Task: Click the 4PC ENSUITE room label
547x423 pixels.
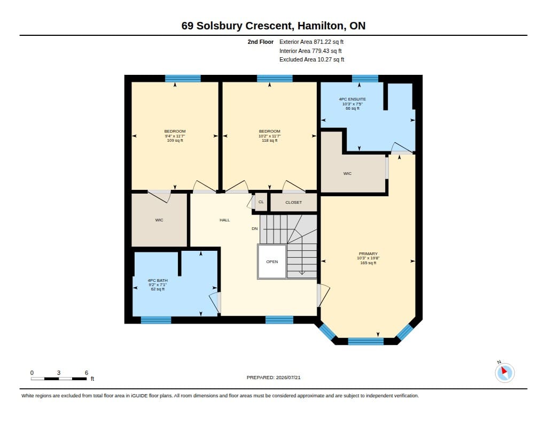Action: click(353, 99)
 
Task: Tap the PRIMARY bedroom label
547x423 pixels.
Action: click(368, 253)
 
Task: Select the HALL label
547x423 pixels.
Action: click(225, 220)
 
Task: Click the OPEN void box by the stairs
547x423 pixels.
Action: click(272, 262)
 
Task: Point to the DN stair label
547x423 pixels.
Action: click(255, 229)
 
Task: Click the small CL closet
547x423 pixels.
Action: click(261, 202)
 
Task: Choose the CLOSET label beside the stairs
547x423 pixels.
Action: click(293, 202)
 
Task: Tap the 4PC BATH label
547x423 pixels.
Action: click(158, 281)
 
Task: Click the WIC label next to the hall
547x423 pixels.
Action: click(159, 220)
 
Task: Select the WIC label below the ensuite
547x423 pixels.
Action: click(347, 174)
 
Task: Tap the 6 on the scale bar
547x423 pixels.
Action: click(87, 373)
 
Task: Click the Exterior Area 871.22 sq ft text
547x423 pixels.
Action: click(311, 42)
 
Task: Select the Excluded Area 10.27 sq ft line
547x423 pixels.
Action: click(311, 60)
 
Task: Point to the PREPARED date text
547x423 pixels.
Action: click(273, 378)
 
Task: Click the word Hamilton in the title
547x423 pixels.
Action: click(321, 26)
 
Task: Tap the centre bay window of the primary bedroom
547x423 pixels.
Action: click(365, 341)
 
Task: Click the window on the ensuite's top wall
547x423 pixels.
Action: click(365, 78)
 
